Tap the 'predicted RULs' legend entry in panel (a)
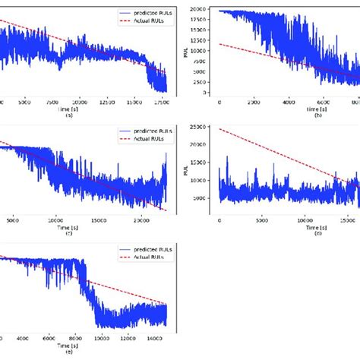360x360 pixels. pos(144,14)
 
